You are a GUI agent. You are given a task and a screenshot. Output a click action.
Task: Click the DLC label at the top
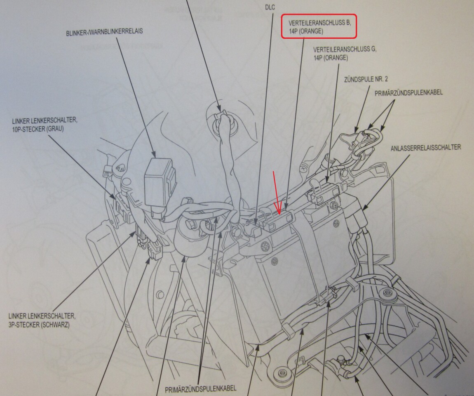tap(270, 7)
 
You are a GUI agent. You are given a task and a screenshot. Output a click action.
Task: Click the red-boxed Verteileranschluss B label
tap(319, 27)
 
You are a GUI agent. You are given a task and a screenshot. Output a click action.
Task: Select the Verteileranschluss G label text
tap(345, 53)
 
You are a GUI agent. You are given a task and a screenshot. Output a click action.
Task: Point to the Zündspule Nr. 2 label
tap(366, 79)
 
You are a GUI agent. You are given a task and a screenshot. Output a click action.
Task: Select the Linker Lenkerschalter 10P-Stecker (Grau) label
tap(45, 125)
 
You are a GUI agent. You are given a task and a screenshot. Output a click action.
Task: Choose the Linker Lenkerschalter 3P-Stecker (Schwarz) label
tap(42, 321)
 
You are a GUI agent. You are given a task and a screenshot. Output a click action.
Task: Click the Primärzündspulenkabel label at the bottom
tap(201, 389)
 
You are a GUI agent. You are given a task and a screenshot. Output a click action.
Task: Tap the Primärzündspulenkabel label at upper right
tap(408, 92)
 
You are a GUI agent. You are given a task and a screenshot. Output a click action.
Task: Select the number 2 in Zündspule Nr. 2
tap(386, 79)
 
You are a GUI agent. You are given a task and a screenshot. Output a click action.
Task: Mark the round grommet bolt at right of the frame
tap(386, 293)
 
